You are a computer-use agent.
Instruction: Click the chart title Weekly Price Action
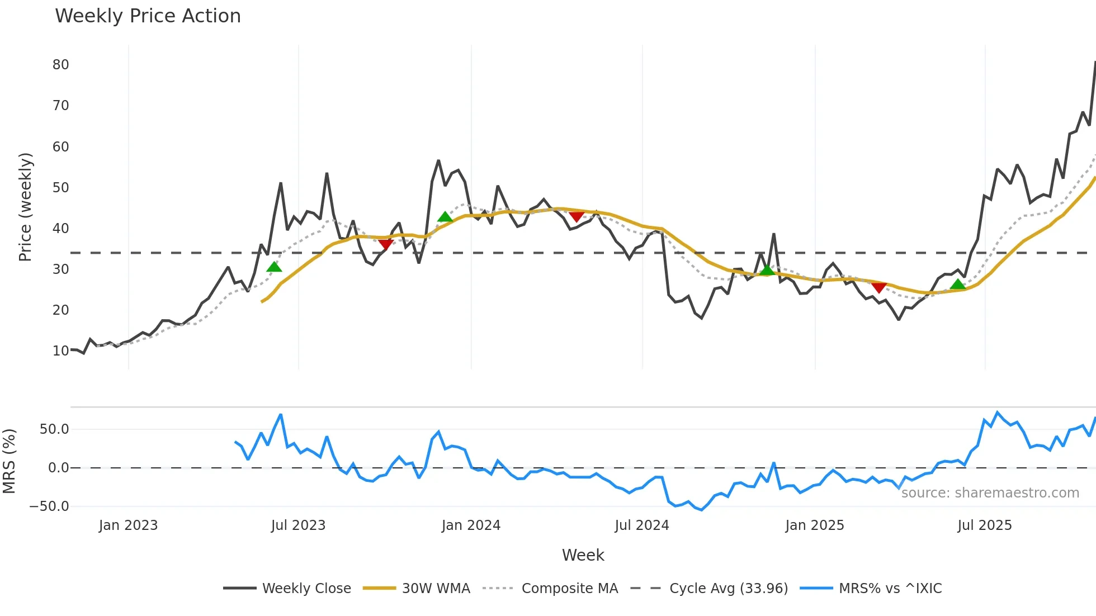coord(148,16)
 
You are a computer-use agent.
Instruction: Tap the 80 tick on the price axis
coord(60,65)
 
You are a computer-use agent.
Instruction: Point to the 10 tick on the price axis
coord(60,351)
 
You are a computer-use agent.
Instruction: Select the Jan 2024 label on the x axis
coord(471,525)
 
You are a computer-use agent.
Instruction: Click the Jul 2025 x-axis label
coord(984,525)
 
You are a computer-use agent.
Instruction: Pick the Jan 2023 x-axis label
coord(128,525)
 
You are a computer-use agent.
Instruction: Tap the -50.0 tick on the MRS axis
coord(49,506)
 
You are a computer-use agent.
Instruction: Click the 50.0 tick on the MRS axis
coord(54,429)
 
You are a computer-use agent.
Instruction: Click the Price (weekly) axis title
coord(25,207)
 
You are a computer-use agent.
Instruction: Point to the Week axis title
coord(583,555)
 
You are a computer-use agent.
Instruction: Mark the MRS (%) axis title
coord(9,461)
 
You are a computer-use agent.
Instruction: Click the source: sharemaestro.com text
coord(990,493)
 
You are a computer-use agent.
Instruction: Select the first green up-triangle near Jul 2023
coord(274,267)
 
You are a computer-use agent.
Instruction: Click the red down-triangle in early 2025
coord(878,288)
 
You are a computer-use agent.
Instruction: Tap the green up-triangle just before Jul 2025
coord(958,285)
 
